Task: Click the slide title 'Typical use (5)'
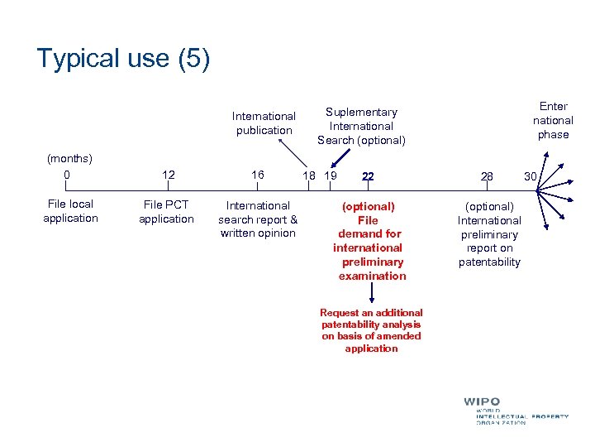[x=123, y=59]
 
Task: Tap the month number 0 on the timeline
[x=67, y=175]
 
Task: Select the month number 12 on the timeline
[x=168, y=175]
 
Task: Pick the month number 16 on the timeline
[x=258, y=175]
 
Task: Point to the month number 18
[x=309, y=175]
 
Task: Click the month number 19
[x=331, y=175]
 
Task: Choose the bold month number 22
[x=368, y=176]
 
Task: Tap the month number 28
[x=487, y=176]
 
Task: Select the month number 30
[x=530, y=175]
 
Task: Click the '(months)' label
[x=69, y=157]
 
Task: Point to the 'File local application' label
[x=70, y=211]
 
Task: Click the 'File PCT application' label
[x=166, y=212]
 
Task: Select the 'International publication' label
[x=264, y=123]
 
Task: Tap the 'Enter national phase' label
[x=553, y=120]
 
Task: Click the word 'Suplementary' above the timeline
[x=361, y=112]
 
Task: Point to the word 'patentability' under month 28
[x=489, y=262]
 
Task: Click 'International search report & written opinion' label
[x=258, y=219]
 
